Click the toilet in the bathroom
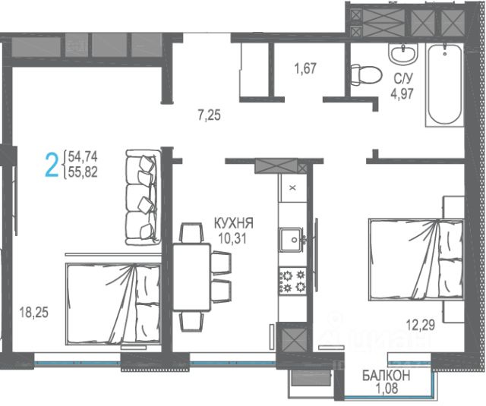click(365, 74)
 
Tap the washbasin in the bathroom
click(403, 54)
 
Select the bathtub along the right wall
click(444, 84)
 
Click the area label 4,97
click(402, 93)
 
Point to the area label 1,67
click(305, 68)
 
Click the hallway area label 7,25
click(210, 115)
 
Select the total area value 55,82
click(83, 172)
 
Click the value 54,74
click(83, 156)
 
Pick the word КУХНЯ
click(234, 223)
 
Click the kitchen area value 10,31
click(232, 238)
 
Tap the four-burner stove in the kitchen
click(292, 281)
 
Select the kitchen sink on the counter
click(292, 240)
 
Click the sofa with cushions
click(144, 197)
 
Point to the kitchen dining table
click(192, 277)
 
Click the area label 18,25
click(33, 313)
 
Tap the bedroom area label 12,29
click(421, 325)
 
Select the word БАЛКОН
click(387, 376)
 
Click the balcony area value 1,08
click(387, 388)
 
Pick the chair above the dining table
click(191, 232)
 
